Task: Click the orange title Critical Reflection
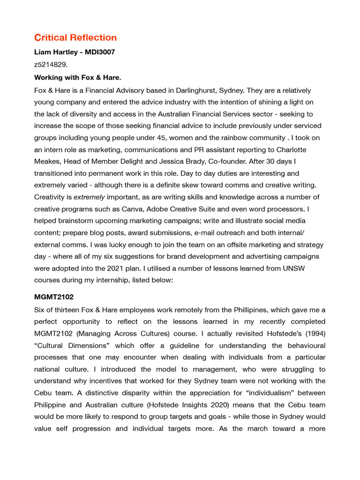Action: [75, 37]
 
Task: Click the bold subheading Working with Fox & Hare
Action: [78, 77]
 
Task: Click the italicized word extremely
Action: [89, 197]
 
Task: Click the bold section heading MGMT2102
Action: [54, 297]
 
